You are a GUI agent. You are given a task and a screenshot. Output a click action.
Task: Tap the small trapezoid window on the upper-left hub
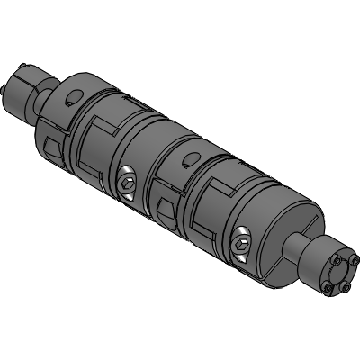[50, 143]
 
